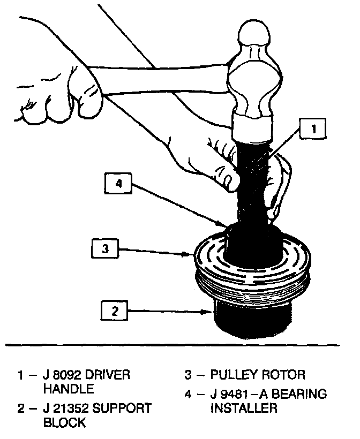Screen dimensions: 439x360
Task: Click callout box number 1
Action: point(313,128)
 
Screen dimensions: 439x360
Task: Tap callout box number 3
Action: point(106,248)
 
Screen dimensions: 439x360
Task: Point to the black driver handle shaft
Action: point(252,182)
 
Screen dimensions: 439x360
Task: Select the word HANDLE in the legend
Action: point(70,388)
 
